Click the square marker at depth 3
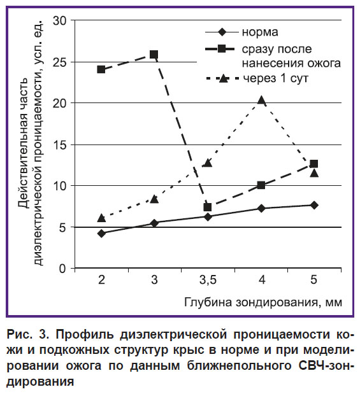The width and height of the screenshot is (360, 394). pyautogui.click(x=154, y=54)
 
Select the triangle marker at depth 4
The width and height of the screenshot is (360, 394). pyautogui.click(x=261, y=101)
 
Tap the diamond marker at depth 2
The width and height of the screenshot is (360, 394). pyautogui.click(x=102, y=234)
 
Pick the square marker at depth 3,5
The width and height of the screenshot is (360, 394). pyautogui.click(x=208, y=208)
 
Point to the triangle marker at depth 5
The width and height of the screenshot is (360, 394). pyautogui.click(x=314, y=173)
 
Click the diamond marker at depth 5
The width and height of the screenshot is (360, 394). pyautogui.click(x=314, y=205)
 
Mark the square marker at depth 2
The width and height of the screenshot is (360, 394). pyautogui.click(x=101, y=69)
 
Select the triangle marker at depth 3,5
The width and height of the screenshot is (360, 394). pyautogui.click(x=208, y=163)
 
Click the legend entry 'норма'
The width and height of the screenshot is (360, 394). pyautogui.click(x=260, y=32)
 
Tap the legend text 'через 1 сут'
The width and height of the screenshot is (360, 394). pyautogui.click(x=275, y=79)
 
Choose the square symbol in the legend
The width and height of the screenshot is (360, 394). pyautogui.click(x=222, y=48)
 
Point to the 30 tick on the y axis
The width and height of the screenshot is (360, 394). pyautogui.click(x=60, y=20)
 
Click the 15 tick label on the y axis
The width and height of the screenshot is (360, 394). pyautogui.click(x=60, y=145)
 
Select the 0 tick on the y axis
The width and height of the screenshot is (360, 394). pyautogui.click(x=62, y=269)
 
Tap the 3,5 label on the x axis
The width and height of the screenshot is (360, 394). pyautogui.click(x=208, y=279)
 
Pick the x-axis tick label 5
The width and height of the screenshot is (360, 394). pyautogui.click(x=313, y=279)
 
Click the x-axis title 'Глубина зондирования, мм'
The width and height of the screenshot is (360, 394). pyautogui.click(x=263, y=302)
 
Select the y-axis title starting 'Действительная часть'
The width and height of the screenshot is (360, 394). pyautogui.click(x=31, y=143)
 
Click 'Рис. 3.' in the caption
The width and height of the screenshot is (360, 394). pyautogui.click(x=28, y=334)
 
